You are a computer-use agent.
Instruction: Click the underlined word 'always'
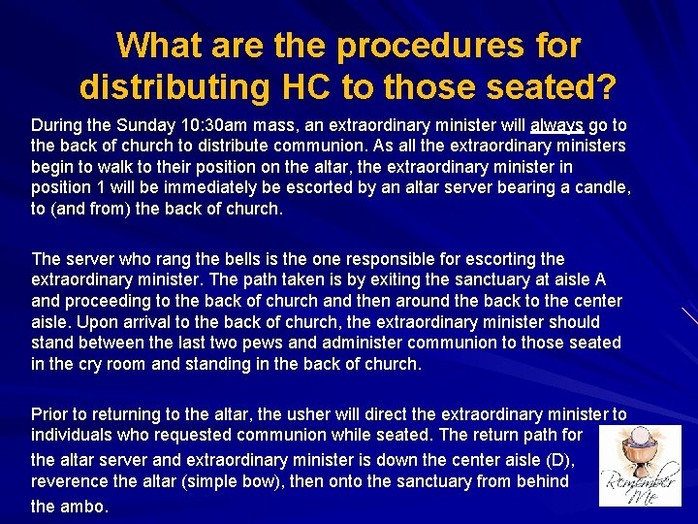point(556,125)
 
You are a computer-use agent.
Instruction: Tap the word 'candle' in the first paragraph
point(601,187)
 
